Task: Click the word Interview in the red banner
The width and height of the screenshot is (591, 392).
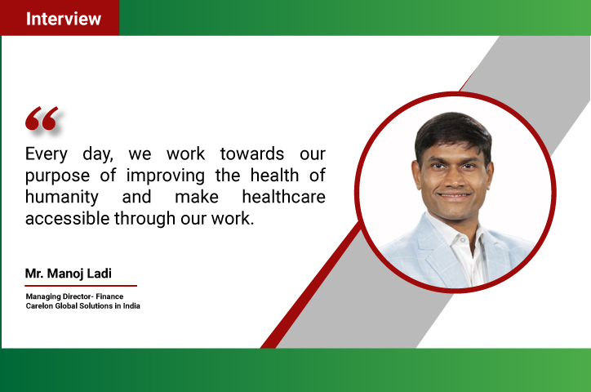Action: point(64,19)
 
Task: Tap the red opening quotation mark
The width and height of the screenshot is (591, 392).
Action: point(42,118)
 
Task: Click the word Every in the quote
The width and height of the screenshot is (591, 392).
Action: point(46,154)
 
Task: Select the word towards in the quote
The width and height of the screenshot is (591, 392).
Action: point(251,154)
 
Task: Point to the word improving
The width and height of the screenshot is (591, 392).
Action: point(166,176)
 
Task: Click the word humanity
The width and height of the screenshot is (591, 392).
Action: point(62,198)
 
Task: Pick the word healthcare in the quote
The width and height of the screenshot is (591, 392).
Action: point(283,197)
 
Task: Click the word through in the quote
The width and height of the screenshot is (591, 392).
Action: point(144,219)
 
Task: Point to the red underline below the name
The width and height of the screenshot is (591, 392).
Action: point(81,286)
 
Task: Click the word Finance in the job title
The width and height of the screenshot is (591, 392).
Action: point(109,296)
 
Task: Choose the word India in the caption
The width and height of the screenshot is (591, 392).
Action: point(131,306)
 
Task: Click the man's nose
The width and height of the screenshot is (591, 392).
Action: point(453,180)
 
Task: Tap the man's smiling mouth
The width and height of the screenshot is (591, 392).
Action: point(454,196)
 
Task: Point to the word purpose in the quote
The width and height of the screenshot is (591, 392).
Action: point(58,176)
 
